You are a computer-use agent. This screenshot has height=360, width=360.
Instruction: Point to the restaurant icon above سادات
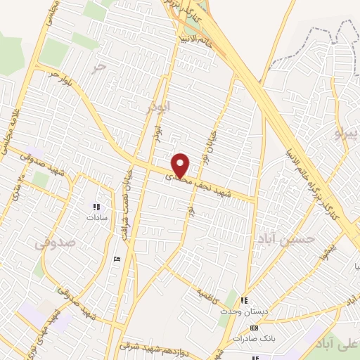(96, 207)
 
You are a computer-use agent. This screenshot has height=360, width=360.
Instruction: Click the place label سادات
(96, 217)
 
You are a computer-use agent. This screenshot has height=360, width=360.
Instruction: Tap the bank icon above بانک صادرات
(254, 328)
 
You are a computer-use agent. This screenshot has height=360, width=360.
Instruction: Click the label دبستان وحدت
(241, 310)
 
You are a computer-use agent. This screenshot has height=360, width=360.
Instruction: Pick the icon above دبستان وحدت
(244, 300)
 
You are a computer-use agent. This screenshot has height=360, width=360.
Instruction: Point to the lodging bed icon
(117, 259)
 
